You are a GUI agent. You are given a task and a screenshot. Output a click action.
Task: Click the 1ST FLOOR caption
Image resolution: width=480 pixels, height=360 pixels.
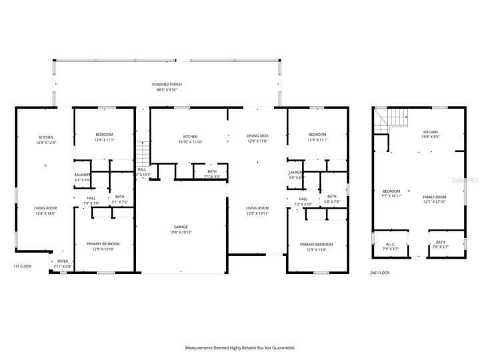coord(23,267)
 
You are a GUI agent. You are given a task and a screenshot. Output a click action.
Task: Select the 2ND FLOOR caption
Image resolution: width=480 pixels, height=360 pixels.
coord(379,273)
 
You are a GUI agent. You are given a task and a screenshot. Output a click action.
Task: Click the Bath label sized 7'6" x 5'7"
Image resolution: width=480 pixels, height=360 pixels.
coord(441,244)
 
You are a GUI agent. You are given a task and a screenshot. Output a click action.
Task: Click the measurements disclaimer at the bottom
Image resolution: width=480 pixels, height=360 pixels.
coord(239,347)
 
